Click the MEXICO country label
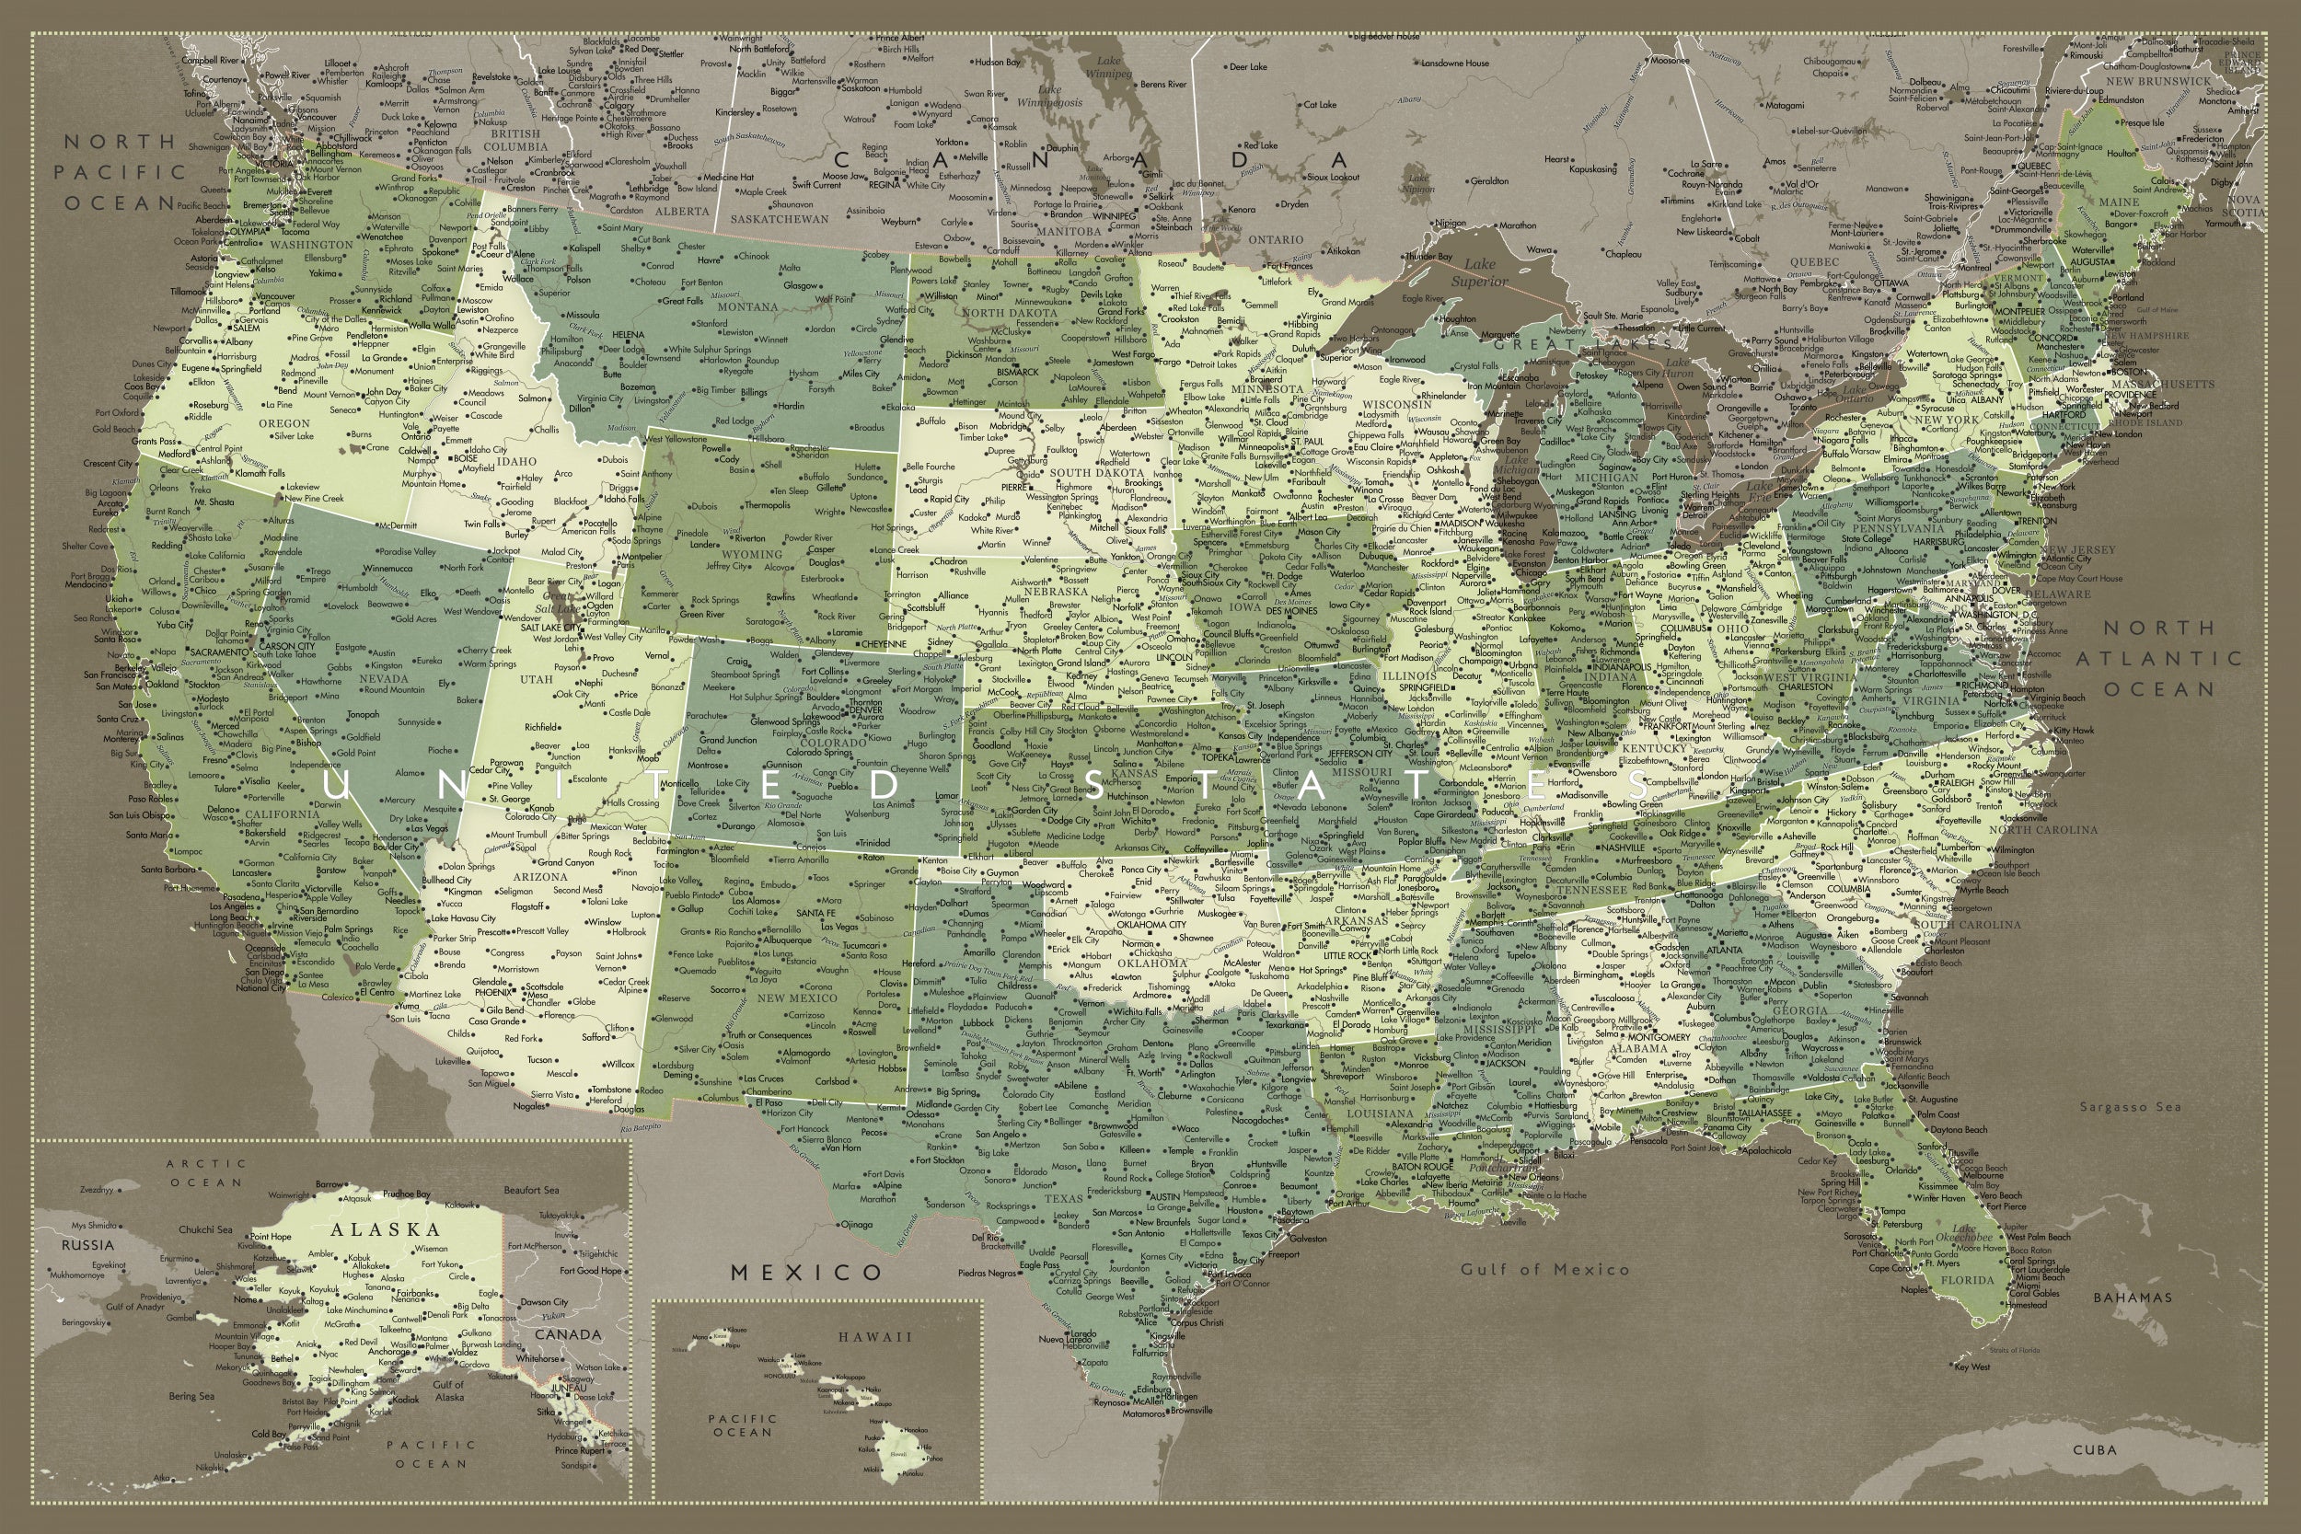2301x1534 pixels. [x=806, y=1272]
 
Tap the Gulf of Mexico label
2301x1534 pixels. [x=1544, y=1269]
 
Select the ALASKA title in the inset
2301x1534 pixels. [x=385, y=1229]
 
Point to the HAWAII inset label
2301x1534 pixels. [x=873, y=1336]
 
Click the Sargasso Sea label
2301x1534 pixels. [x=2130, y=1106]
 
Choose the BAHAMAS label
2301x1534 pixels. [x=2132, y=1298]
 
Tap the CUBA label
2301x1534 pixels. [x=2095, y=1449]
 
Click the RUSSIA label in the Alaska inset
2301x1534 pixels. [x=88, y=1245]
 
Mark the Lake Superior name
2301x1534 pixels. [x=1479, y=273]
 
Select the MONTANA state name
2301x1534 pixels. [x=746, y=306]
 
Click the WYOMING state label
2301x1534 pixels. [x=751, y=554]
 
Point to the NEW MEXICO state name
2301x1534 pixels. [x=796, y=998]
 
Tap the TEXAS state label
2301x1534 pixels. [x=1063, y=1198]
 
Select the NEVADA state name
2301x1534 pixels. [x=384, y=678]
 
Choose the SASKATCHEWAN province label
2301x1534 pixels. [x=779, y=219]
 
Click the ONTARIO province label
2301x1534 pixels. [x=1276, y=239]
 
